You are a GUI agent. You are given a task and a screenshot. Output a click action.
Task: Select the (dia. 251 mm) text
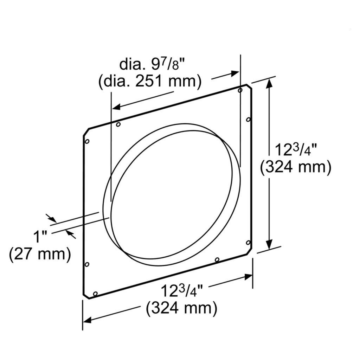click(x=150, y=81)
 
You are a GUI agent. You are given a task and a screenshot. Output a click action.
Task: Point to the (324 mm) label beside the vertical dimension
click(x=296, y=167)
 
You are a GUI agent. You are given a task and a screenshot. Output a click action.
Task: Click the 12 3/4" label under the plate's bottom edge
click(x=182, y=291)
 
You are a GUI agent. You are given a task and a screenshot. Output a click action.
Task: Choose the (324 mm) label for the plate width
click(x=181, y=308)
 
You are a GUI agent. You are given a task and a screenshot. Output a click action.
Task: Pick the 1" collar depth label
click(x=40, y=237)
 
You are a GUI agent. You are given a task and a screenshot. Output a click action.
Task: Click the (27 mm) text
click(x=40, y=254)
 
